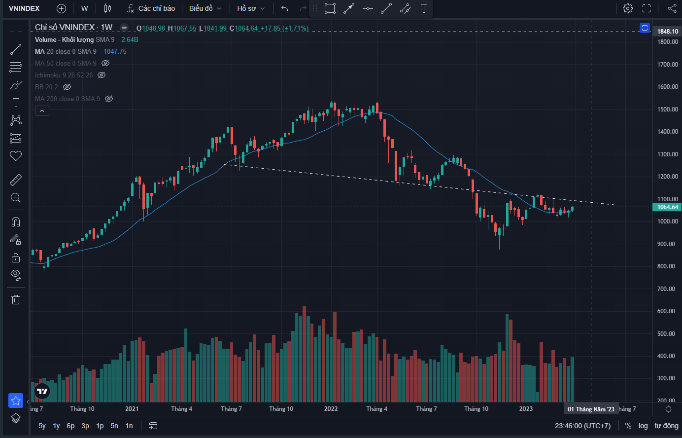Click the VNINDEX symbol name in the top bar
tap(24, 8)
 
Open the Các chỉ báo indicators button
tap(151, 8)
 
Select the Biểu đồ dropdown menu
tap(205, 8)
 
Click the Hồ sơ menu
tap(250, 8)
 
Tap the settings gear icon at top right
tap(627, 8)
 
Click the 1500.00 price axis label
tap(668, 109)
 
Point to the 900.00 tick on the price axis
tap(668, 244)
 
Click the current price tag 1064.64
tap(668, 207)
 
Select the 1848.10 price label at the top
tap(668, 32)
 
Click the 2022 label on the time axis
tap(331, 409)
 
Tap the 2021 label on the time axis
tap(132, 409)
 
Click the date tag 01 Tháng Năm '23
tap(591, 409)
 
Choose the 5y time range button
tap(42, 426)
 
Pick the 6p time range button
tap(70, 426)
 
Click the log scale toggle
tap(643, 426)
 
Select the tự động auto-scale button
tap(666, 426)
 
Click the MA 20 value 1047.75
tap(115, 51)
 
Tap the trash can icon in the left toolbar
tap(16, 299)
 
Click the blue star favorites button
tap(16, 401)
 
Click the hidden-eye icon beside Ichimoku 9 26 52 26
tap(102, 75)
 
